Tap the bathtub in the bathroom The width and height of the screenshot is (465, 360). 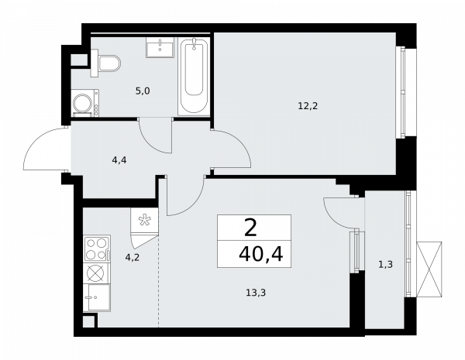[194, 76]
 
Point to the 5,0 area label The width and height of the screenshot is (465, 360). [142, 91]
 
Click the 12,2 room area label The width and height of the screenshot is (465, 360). [308, 106]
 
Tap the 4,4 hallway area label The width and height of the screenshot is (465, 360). [119, 161]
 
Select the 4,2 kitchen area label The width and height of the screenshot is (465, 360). [132, 258]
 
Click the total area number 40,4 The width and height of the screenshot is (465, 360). [262, 253]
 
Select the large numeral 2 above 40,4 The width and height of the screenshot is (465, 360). [250, 228]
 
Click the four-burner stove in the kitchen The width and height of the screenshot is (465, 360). [96, 249]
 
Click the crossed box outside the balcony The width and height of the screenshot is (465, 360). [429, 269]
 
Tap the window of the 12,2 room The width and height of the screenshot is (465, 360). [401, 92]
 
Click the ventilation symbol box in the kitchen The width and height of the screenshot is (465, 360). [144, 221]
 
